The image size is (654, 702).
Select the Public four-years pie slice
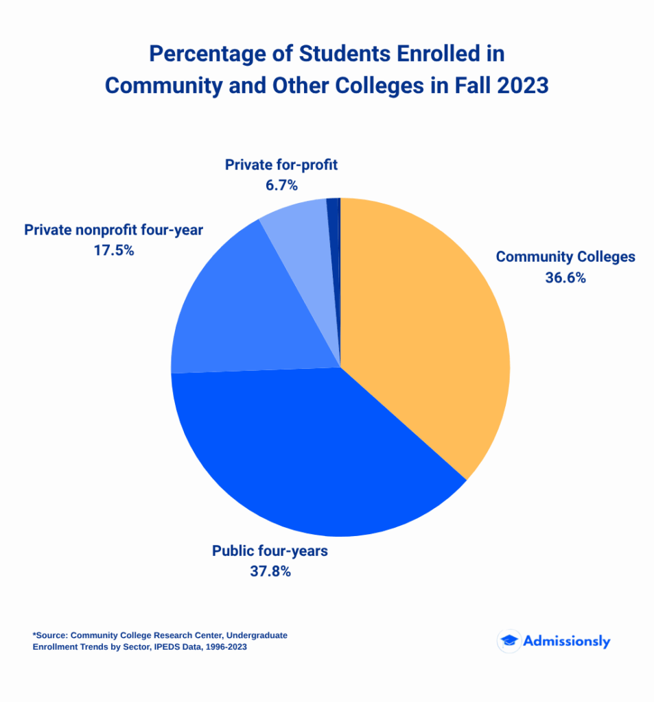(x=309, y=452)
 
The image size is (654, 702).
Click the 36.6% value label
(x=565, y=278)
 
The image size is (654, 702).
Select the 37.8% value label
(x=270, y=571)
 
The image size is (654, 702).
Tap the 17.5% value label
(x=113, y=250)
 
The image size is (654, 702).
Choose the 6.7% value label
(x=281, y=185)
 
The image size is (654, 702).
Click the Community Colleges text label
(x=565, y=257)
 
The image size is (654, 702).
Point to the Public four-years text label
(x=270, y=550)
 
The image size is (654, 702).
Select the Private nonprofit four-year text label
(x=113, y=230)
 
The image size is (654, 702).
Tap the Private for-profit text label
(x=281, y=165)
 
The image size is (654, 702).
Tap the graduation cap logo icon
(x=509, y=641)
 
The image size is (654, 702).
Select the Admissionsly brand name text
(x=566, y=641)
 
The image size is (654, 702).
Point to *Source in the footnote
(x=49, y=636)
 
